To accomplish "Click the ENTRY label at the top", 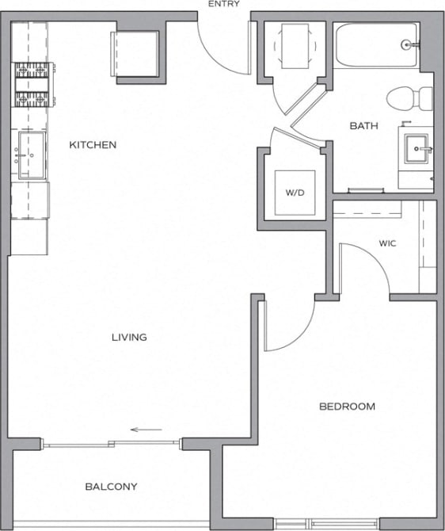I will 223,4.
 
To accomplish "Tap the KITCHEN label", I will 93,145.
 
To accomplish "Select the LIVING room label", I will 129,338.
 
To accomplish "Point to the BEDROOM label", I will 347,407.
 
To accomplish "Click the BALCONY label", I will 111,487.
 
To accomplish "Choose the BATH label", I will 363,126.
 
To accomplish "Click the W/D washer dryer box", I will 295,193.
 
